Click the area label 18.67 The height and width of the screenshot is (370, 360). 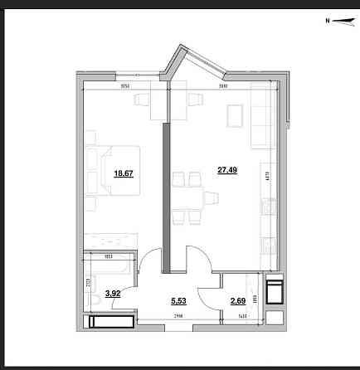tap(123, 173)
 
